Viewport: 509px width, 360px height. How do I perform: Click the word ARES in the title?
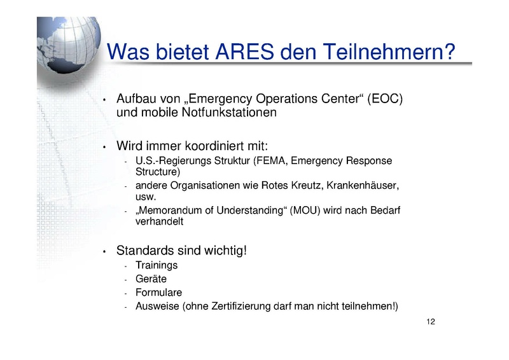coord(244,52)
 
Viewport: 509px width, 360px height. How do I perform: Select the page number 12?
coord(431,322)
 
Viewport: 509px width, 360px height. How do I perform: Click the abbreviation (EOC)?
coord(385,99)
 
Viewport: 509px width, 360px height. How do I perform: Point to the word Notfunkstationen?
coord(229,113)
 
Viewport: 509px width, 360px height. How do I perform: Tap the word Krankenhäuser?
coord(363,185)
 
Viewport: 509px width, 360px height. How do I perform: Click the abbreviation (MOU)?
coord(305,211)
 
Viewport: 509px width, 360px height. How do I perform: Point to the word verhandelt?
coord(160,221)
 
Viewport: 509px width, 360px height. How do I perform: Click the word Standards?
coord(142,251)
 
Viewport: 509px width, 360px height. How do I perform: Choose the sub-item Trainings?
coord(157,265)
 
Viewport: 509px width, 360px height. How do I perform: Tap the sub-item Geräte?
coord(151,279)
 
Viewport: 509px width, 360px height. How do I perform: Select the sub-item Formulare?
coord(158,293)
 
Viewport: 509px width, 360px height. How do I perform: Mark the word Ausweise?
coord(157,306)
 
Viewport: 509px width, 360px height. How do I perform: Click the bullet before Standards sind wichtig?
coord(104,252)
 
